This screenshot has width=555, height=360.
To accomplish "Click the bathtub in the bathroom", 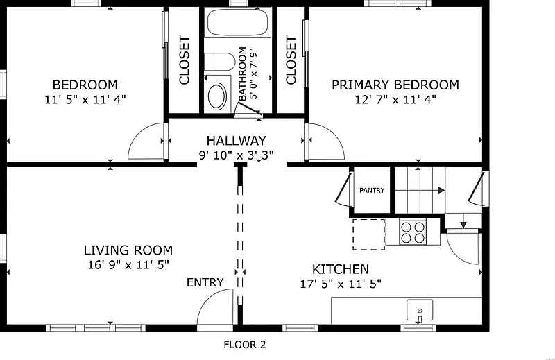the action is point(237,22).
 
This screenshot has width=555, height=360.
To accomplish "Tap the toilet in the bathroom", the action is point(219,62).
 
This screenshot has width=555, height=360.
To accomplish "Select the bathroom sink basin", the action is point(216,96).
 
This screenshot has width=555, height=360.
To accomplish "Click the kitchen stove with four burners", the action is point(413,232).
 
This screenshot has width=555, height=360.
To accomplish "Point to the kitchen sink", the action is point(420,311).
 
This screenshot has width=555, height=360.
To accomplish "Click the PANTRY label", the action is point(372,191).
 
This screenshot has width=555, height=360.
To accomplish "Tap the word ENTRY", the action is point(205,282).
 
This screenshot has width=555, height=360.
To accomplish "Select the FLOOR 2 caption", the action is point(245,345).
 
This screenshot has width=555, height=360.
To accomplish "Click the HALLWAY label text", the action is point(236,141).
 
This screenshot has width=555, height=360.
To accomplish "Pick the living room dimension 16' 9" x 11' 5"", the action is point(128,264).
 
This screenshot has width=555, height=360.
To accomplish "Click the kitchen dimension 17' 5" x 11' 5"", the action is point(341,284).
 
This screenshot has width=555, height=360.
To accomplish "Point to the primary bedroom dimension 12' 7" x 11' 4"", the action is point(395,99).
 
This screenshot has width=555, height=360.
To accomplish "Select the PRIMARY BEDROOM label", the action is point(395,85).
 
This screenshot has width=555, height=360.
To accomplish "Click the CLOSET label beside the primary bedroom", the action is point(291,60).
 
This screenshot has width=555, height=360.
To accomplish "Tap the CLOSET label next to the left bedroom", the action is point(185,60).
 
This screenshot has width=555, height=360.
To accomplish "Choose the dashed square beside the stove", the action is point(368,234).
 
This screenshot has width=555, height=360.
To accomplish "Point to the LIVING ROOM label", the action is point(128,250).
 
